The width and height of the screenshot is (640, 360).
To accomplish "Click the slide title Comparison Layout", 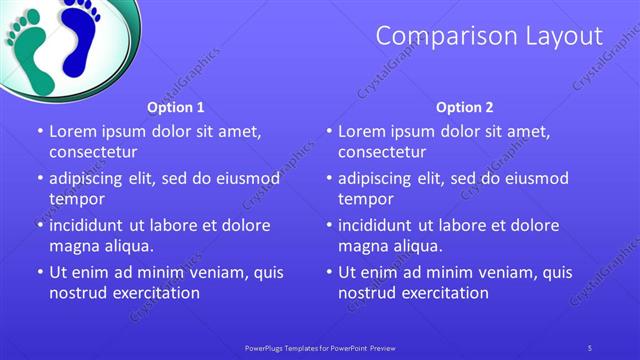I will tap(489, 37).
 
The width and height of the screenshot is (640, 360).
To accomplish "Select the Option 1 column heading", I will tap(176, 107).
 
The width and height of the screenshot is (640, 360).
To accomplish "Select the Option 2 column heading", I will tap(465, 107).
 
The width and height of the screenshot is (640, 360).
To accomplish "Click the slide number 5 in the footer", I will tap(591, 348).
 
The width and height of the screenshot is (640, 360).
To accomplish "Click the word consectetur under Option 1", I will tap(92, 152).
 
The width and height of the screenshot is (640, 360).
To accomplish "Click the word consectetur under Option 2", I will tap(381, 152).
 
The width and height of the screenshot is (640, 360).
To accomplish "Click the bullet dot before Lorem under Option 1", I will tap(40, 131).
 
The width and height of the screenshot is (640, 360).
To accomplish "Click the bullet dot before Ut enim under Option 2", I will tap(329, 272).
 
